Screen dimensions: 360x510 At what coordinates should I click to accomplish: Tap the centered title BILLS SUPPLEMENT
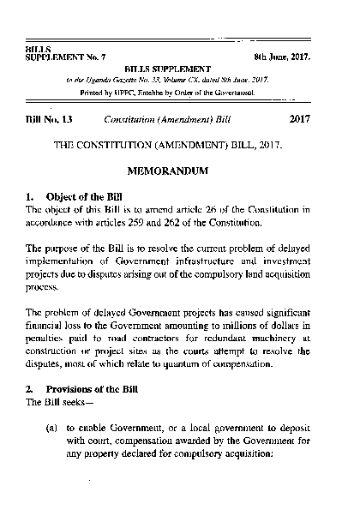pyautogui.click(x=169, y=67)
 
